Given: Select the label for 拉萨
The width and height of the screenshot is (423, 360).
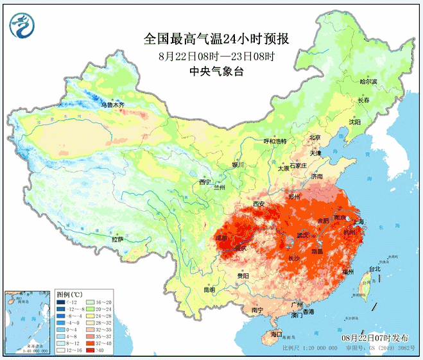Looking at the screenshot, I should (117, 239).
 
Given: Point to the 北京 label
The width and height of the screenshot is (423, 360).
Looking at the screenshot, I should (315, 137).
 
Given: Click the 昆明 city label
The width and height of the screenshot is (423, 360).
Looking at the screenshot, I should (209, 290).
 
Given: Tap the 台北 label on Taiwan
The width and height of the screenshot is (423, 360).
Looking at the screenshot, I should (374, 270).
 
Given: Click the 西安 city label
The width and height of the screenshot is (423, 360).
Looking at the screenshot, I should (259, 204).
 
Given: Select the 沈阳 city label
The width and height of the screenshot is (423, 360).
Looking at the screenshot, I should (354, 121).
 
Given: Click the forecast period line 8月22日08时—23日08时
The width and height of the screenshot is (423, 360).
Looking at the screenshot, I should (216, 56).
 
